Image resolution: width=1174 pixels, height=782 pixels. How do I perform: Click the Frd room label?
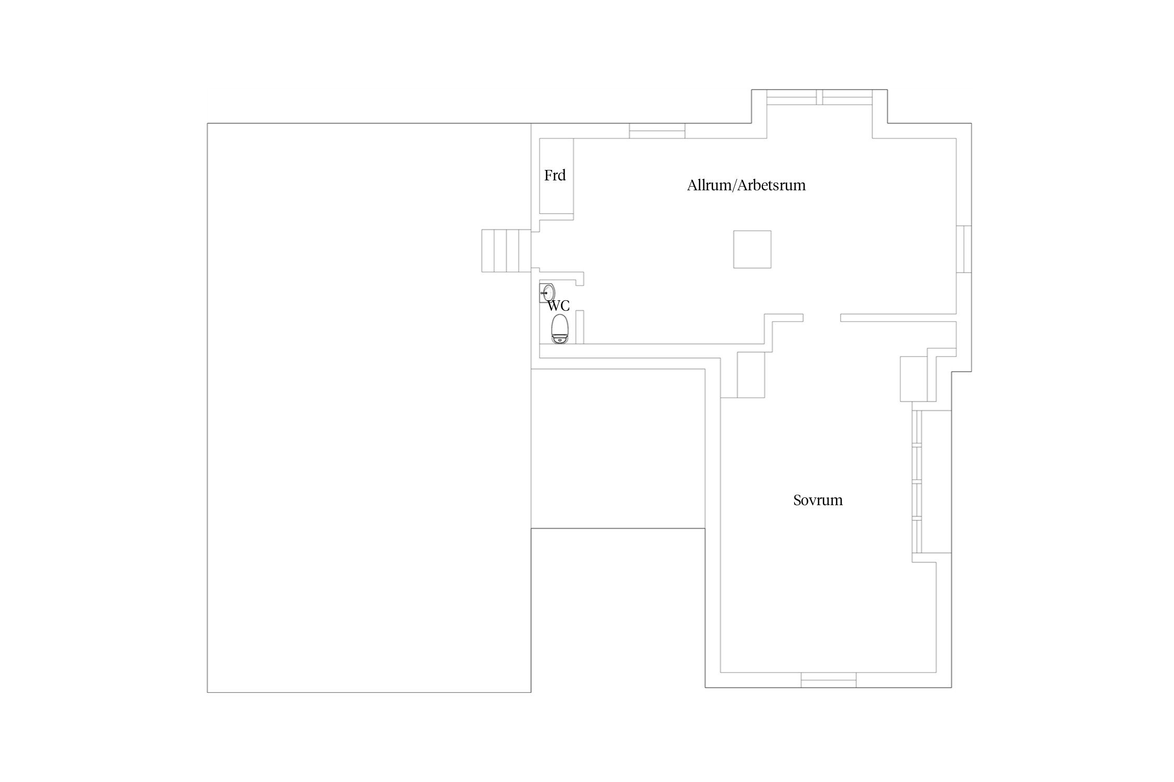point(555,175)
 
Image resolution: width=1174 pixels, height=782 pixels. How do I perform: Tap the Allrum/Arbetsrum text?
point(746,185)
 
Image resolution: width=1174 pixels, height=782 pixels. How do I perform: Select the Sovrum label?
point(818,500)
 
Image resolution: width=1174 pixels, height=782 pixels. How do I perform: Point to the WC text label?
point(558,306)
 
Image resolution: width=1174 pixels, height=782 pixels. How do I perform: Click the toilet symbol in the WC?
point(560,329)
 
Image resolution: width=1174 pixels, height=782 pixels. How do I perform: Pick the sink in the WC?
point(547,293)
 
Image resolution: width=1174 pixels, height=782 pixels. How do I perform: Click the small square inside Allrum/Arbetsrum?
point(752,249)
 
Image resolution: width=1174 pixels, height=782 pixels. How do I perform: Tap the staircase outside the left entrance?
point(506,251)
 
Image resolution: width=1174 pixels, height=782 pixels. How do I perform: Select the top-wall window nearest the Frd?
point(657,131)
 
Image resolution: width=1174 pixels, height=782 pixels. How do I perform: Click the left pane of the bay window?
point(792,97)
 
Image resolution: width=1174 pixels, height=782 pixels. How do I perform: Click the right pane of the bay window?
point(848,97)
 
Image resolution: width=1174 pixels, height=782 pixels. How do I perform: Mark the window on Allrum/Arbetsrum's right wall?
point(964,249)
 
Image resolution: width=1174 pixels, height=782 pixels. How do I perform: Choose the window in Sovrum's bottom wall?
point(829,680)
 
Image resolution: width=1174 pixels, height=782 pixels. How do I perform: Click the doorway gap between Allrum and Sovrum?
point(822,317)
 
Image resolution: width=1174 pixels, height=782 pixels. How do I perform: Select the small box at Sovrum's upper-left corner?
point(751,375)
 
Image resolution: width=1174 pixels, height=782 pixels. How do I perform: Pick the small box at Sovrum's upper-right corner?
point(914,379)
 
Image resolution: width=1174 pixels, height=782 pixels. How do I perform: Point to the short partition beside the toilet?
point(580,327)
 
